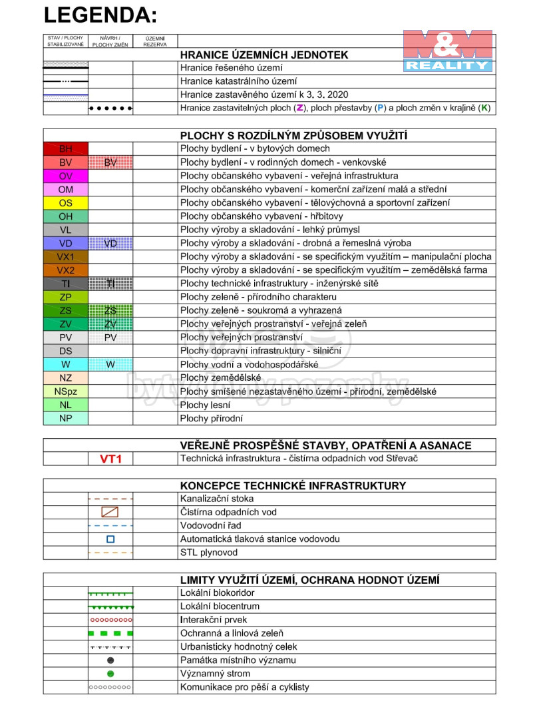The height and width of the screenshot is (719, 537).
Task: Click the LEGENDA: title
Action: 100,15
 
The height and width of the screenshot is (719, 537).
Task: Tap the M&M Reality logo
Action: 448,51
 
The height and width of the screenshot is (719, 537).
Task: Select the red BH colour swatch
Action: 65,149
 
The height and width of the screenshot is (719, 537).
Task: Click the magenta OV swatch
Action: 65,176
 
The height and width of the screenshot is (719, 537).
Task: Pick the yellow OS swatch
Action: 65,203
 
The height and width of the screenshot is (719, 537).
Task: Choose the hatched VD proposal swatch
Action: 110,244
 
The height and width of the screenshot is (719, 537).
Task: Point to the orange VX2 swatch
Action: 65,270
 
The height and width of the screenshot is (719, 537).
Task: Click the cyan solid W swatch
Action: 65,365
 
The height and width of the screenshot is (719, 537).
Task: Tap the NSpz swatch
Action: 65,391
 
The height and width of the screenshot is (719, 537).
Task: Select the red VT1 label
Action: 110,459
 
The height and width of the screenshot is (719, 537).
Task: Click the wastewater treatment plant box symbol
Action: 110,513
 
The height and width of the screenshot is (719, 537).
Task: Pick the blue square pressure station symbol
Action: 110,539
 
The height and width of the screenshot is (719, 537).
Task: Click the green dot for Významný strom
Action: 110,674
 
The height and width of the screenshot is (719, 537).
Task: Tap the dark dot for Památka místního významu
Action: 110,660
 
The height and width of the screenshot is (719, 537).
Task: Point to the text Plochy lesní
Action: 205,405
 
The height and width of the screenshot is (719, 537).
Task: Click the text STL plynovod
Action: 208,553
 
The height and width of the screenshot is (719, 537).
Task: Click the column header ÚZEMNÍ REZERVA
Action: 155,41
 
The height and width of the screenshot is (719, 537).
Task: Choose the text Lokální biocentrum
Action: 220,606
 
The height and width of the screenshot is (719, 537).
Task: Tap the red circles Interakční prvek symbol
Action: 110,620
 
